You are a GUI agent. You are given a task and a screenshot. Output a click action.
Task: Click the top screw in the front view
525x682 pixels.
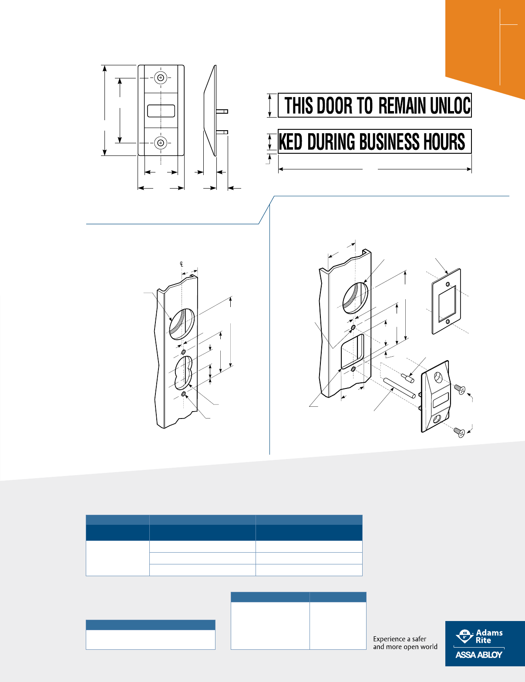click(161, 78)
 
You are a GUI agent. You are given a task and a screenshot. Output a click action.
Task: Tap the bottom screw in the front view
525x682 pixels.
click(161, 143)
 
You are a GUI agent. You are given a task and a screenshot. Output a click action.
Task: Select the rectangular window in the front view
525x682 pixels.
click(161, 111)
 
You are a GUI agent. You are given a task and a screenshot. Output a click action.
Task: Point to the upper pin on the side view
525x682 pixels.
click(222, 111)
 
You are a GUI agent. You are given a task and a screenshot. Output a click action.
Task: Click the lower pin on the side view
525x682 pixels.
click(222, 132)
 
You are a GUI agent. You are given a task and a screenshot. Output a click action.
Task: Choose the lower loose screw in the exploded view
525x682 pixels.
click(459, 432)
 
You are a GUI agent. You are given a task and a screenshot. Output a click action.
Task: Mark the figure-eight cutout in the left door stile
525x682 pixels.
click(183, 373)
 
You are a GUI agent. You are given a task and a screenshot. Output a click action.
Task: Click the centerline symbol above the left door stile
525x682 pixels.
click(182, 264)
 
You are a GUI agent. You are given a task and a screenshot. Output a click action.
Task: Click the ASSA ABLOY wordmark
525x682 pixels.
click(479, 655)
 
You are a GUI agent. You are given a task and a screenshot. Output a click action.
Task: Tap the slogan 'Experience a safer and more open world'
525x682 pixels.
click(405, 643)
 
